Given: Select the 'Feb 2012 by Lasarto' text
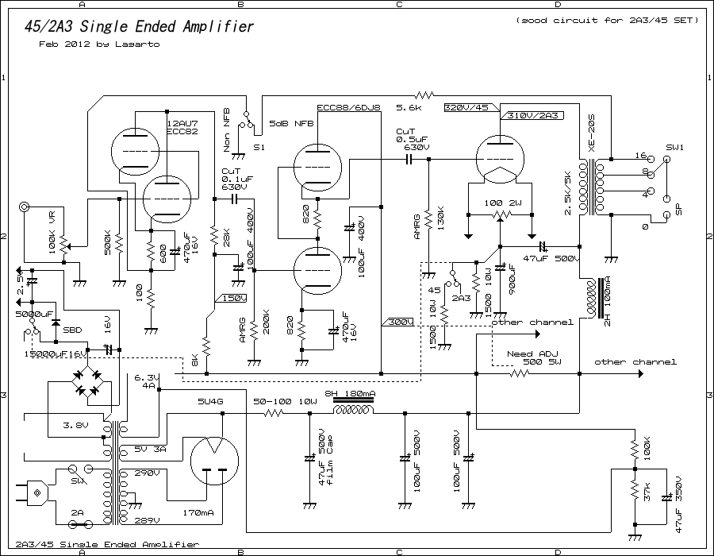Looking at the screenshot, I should click(99, 44).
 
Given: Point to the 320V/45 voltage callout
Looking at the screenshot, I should click(467, 106).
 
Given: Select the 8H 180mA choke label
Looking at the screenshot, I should click(351, 395).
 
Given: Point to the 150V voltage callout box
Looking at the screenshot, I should click(232, 298).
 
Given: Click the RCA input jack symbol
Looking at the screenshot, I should click(25, 207).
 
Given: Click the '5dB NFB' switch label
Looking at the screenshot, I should click(291, 124).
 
